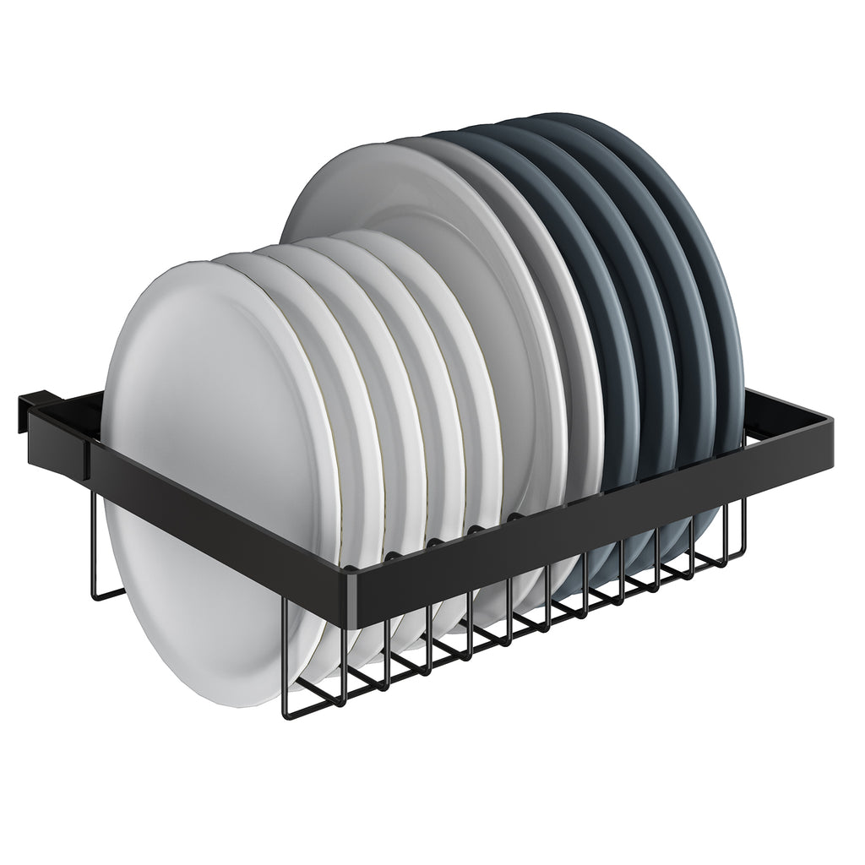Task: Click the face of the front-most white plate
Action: click(203, 372)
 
